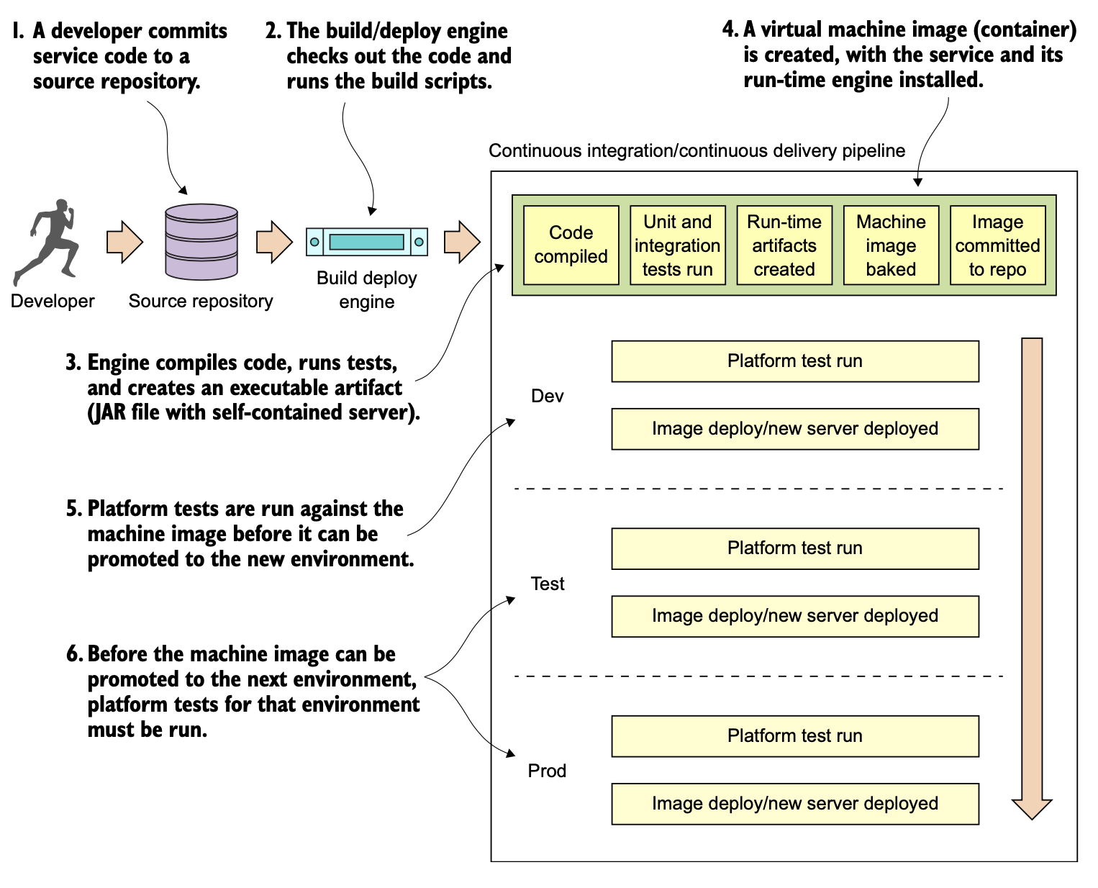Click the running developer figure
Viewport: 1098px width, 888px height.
pyautogui.click(x=47, y=243)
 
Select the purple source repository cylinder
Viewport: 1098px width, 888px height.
pyautogui.click(x=201, y=242)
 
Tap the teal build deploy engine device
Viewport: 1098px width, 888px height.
pyautogui.click(x=367, y=242)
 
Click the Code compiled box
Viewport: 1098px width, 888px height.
pyautogui.click(x=571, y=245)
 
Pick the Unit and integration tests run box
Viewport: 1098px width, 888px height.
pyautogui.click(x=677, y=245)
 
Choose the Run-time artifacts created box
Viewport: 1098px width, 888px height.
pyautogui.click(x=784, y=245)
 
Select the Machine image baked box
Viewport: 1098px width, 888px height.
pyautogui.click(x=891, y=245)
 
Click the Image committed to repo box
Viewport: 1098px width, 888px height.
pyautogui.click(x=997, y=245)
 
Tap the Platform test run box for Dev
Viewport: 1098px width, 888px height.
pyautogui.click(x=795, y=361)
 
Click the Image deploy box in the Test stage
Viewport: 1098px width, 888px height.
pyautogui.click(x=795, y=616)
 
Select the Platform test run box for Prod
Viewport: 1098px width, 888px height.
pyautogui.click(x=795, y=736)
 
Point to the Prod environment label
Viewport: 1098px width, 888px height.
pyautogui.click(x=547, y=771)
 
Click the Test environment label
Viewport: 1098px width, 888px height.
pyautogui.click(x=548, y=584)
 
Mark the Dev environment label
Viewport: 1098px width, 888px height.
pyautogui.click(x=547, y=397)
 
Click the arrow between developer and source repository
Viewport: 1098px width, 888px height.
pyautogui.click(x=124, y=242)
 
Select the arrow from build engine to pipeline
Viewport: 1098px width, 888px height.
pyautogui.click(x=461, y=242)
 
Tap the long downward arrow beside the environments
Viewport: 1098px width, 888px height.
pyautogui.click(x=1032, y=576)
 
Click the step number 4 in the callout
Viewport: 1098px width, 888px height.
pyautogui.click(x=729, y=30)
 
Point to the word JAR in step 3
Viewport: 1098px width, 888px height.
pyautogui.click(x=108, y=413)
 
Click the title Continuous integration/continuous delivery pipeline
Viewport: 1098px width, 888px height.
pyautogui.click(x=697, y=150)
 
